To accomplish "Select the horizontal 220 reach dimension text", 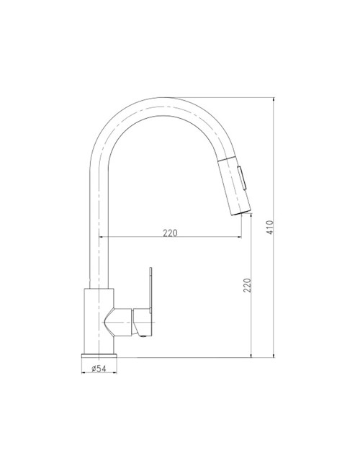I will (171, 233).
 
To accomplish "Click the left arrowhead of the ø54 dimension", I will (86, 370).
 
